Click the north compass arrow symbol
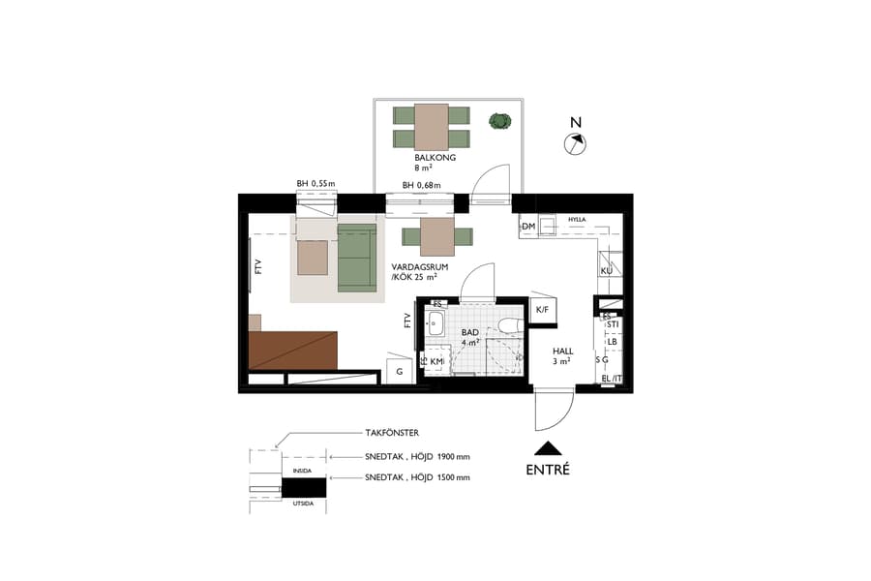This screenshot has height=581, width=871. [576, 143]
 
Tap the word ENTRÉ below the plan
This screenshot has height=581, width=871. [548, 470]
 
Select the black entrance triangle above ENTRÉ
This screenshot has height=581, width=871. [548, 447]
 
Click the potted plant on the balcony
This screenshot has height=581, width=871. [499, 121]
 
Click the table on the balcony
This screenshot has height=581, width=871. [432, 126]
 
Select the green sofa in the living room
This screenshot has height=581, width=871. [356, 257]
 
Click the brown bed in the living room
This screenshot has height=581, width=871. [292, 350]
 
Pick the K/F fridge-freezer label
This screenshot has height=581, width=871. [542, 310]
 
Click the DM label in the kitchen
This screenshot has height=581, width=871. [528, 228]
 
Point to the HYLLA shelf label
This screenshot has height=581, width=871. [579, 220]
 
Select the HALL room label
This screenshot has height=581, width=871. [562, 352]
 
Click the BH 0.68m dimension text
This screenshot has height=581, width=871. [421, 185]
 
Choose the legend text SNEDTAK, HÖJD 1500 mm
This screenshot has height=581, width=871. [417, 477]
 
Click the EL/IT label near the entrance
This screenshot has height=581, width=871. [611, 379]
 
